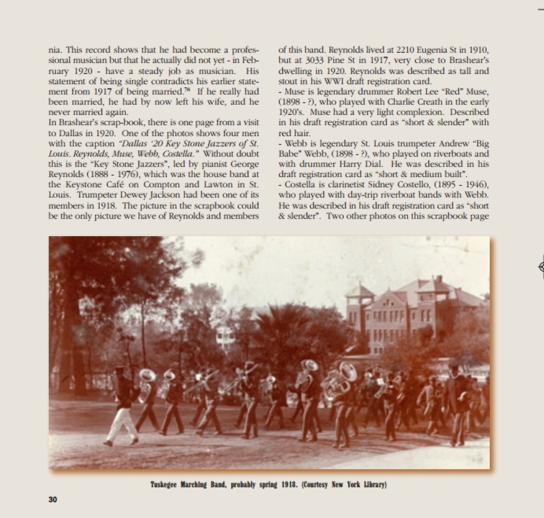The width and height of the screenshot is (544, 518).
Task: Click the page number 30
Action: pyautogui.click(x=53, y=499)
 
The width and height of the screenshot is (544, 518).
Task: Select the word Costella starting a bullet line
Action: pyautogui.click(x=300, y=185)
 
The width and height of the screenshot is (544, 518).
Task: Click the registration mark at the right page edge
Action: pyautogui.click(x=541, y=267)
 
